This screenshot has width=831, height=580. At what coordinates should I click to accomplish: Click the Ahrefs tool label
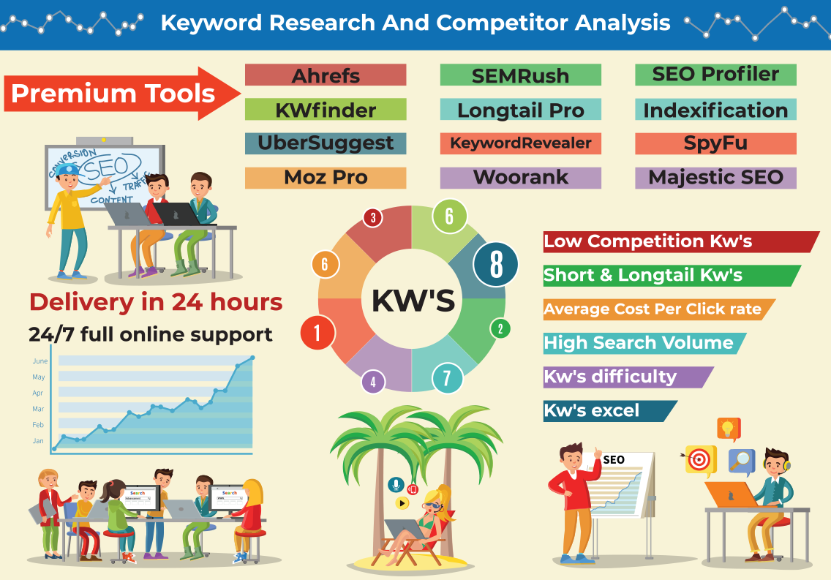click(x=326, y=75)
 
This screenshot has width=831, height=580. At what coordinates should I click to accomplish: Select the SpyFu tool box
click(x=715, y=143)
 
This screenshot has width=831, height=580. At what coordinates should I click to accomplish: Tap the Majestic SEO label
click(x=715, y=178)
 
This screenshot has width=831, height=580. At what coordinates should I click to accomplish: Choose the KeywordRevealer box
click(x=520, y=143)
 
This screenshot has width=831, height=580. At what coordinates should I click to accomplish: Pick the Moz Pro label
click(x=326, y=178)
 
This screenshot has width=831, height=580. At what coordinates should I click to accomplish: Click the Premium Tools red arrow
click(x=122, y=93)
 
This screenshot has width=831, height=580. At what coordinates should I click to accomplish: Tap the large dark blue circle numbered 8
click(x=495, y=264)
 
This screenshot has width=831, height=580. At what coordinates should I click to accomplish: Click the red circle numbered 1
click(x=317, y=333)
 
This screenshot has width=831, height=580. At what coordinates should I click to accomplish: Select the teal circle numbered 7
click(x=447, y=378)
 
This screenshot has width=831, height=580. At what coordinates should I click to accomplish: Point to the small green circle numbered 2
click(x=500, y=329)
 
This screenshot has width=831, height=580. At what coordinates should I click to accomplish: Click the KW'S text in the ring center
click(x=413, y=301)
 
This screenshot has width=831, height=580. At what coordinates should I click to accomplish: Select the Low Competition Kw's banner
click(x=681, y=241)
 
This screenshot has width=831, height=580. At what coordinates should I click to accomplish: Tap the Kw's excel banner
click(x=610, y=411)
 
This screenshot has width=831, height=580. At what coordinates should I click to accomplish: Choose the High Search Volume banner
click(x=644, y=343)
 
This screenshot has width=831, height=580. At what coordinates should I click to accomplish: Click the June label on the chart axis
click(x=40, y=361)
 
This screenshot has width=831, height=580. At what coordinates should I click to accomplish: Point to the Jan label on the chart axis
click(x=38, y=441)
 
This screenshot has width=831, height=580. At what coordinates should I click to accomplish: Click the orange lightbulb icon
click(x=729, y=429)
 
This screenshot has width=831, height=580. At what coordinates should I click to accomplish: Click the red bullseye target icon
click(x=699, y=459)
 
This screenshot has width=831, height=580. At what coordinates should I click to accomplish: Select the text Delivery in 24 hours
click(x=156, y=302)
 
